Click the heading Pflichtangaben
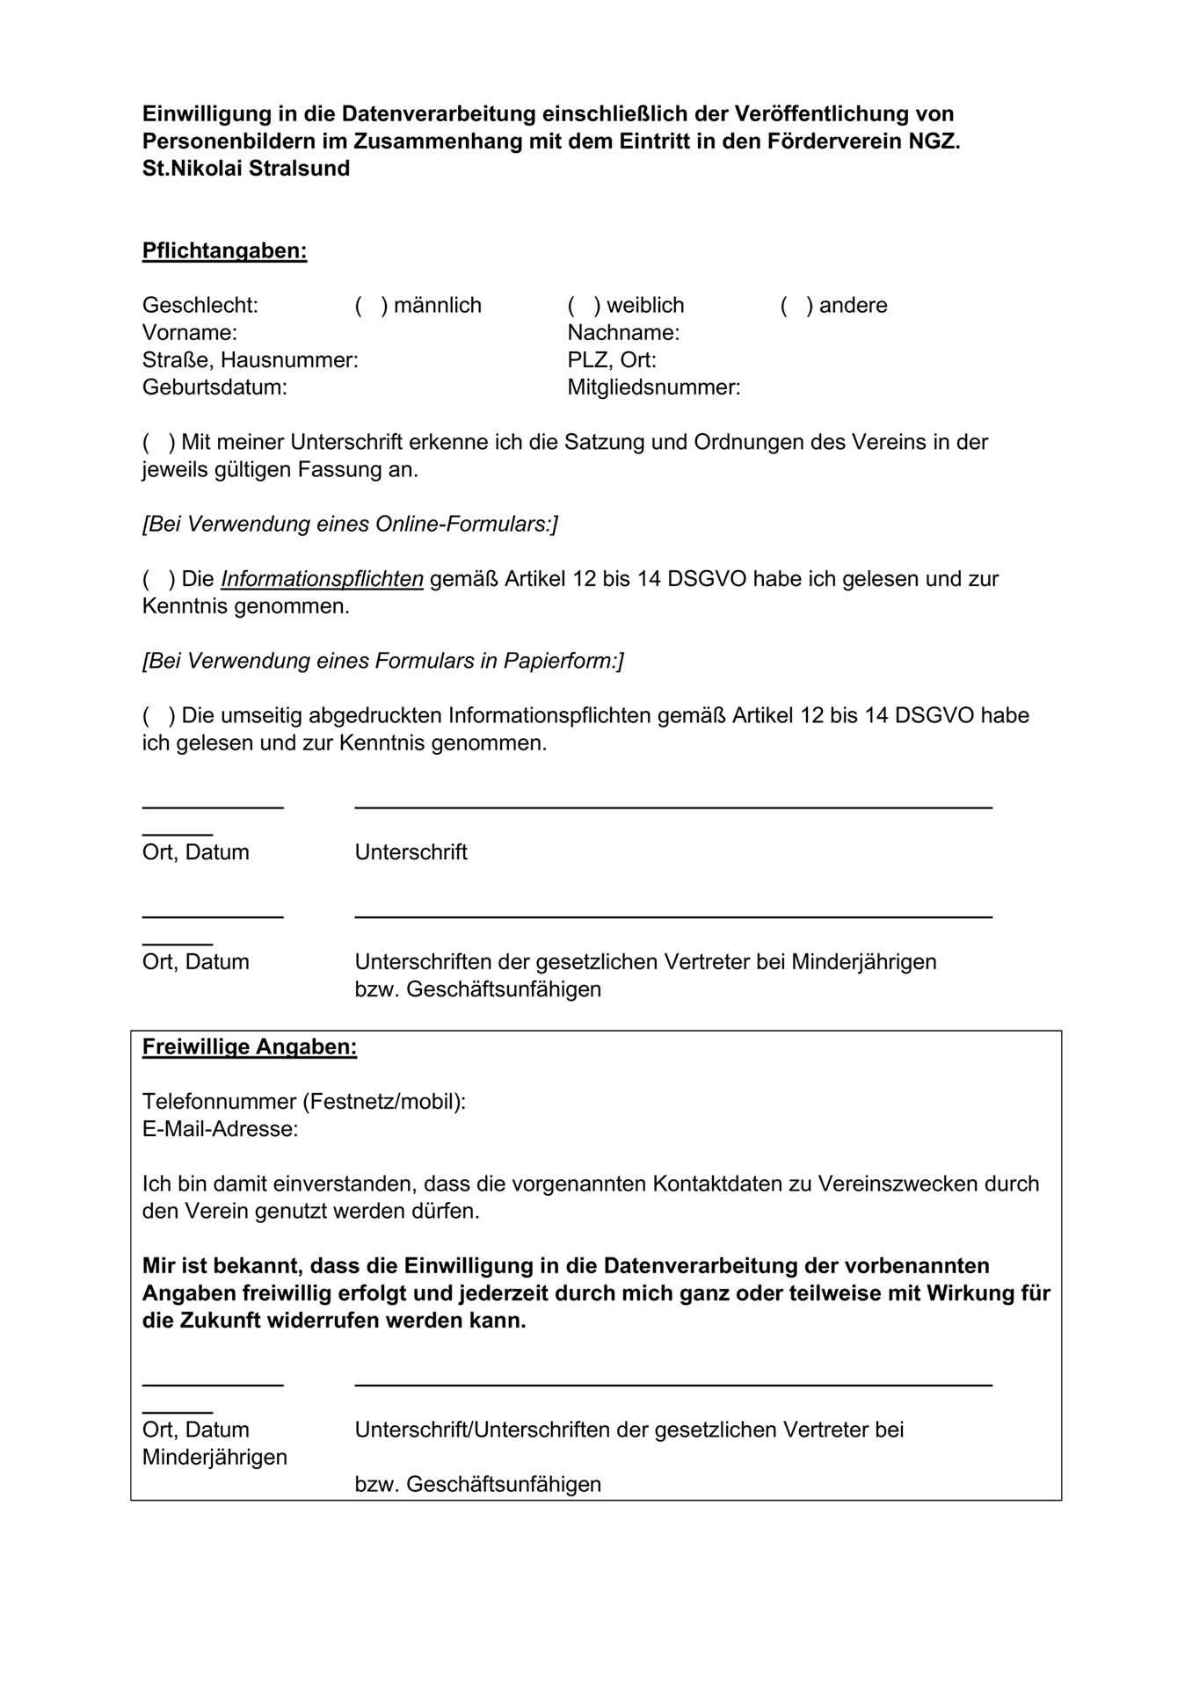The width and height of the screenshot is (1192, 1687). pyautogui.click(x=224, y=251)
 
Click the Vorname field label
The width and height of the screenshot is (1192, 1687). pyautogui.click(x=190, y=333)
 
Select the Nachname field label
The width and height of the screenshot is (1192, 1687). pyautogui.click(x=623, y=333)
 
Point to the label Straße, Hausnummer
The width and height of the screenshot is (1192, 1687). pyautogui.click(x=250, y=360)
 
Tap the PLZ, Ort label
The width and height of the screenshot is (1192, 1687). pyautogui.click(x=612, y=360)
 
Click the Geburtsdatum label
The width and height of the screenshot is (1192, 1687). pyautogui.click(x=214, y=387)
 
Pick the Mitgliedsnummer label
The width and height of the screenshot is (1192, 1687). pyautogui.click(x=653, y=387)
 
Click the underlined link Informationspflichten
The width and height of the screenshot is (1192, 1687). pyautogui.click(x=322, y=579)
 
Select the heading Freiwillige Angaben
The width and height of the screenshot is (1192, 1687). pyautogui.click(x=250, y=1047)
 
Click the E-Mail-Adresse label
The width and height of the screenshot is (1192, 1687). pyautogui.click(x=220, y=1129)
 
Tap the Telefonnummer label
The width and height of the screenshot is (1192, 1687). pyautogui.click(x=304, y=1102)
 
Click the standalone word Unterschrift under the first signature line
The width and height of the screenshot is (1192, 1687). pyautogui.click(x=411, y=852)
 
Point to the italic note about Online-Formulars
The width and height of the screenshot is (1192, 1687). pyautogui.click(x=350, y=525)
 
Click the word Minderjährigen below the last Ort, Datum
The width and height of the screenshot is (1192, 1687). pyautogui.click(x=214, y=1457)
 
